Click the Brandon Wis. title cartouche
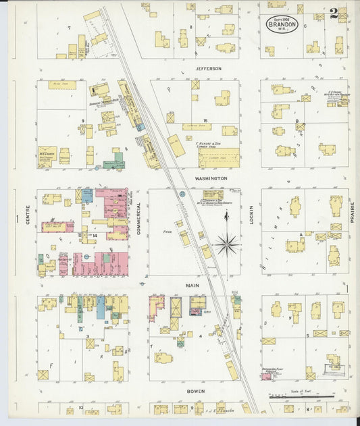pyautogui.click(x=280, y=25)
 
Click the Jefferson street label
pyautogui.click(x=209, y=68)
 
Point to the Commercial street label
pyautogui.click(x=139, y=218)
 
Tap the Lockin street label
pyautogui.click(x=251, y=215)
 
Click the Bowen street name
pyautogui.click(x=195, y=391)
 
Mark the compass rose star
pyautogui.click(x=228, y=244)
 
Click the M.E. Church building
pyautogui.click(x=47, y=155)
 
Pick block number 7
pyautogui.click(x=69, y=28)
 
